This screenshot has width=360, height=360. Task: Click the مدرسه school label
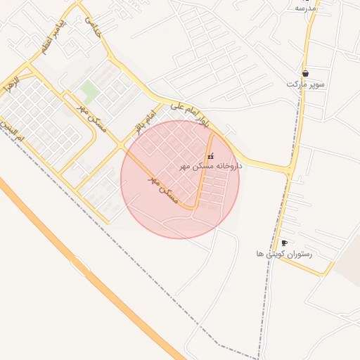pyautogui.click(x=305, y=8)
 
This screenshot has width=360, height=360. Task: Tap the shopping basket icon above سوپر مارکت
pyautogui.click(x=305, y=73)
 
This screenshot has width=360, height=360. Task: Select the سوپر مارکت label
pyautogui.click(x=306, y=84)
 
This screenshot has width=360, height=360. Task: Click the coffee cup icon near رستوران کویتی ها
pyautogui.click(x=283, y=243)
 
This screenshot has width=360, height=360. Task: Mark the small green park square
pyautogui.click(x=89, y=90)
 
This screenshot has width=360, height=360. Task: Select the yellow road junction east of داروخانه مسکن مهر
pyautogui.click(x=288, y=170)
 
